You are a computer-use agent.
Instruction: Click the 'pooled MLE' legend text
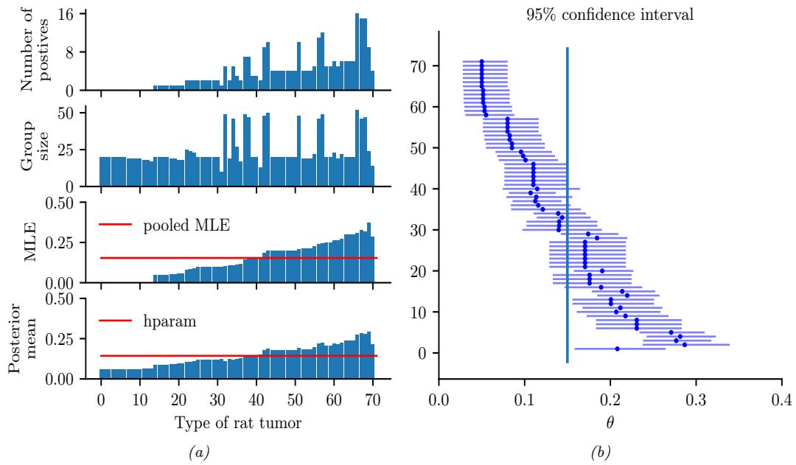(x=188, y=225)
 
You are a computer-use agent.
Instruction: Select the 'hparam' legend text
(x=167, y=321)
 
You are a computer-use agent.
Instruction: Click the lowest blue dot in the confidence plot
(x=617, y=349)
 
